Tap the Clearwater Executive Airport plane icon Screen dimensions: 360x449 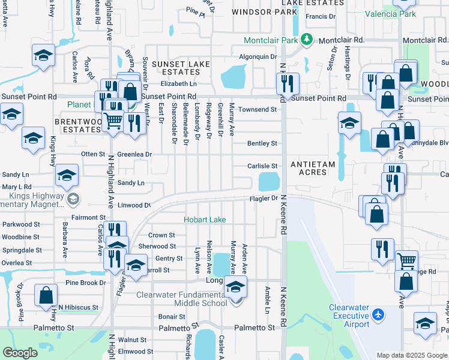tap(378, 314)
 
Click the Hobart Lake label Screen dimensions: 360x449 tap(205, 220)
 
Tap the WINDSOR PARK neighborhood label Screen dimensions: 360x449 tap(264, 11)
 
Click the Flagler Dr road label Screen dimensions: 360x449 tap(264, 199)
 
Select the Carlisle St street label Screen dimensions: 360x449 tap(263, 166)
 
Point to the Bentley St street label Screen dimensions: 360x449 tap(262, 143)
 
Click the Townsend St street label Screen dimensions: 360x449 tap(257, 110)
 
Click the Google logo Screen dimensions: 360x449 tap(20, 353)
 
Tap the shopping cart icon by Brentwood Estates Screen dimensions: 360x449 tap(113, 121)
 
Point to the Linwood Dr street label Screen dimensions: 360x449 tap(134, 205)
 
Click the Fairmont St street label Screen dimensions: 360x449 tap(89, 218)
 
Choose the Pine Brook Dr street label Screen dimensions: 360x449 tap(85, 283)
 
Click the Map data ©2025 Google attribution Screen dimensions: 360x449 tap(411, 355)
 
